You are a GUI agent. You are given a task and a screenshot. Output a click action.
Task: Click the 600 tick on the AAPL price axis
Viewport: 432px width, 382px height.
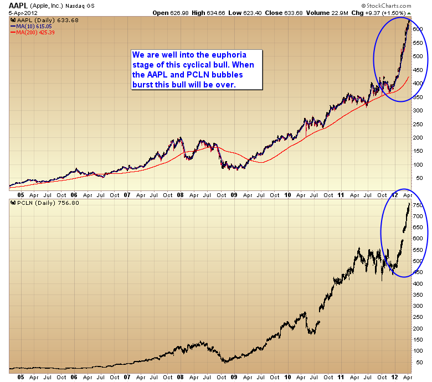point(419,29)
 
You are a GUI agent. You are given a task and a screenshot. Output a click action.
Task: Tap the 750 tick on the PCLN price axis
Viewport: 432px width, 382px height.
point(419,205)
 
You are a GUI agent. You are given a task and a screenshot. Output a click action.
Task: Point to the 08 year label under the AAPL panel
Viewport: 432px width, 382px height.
point(181,195)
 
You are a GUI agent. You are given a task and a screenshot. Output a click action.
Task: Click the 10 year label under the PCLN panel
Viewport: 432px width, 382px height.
point(288,376)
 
